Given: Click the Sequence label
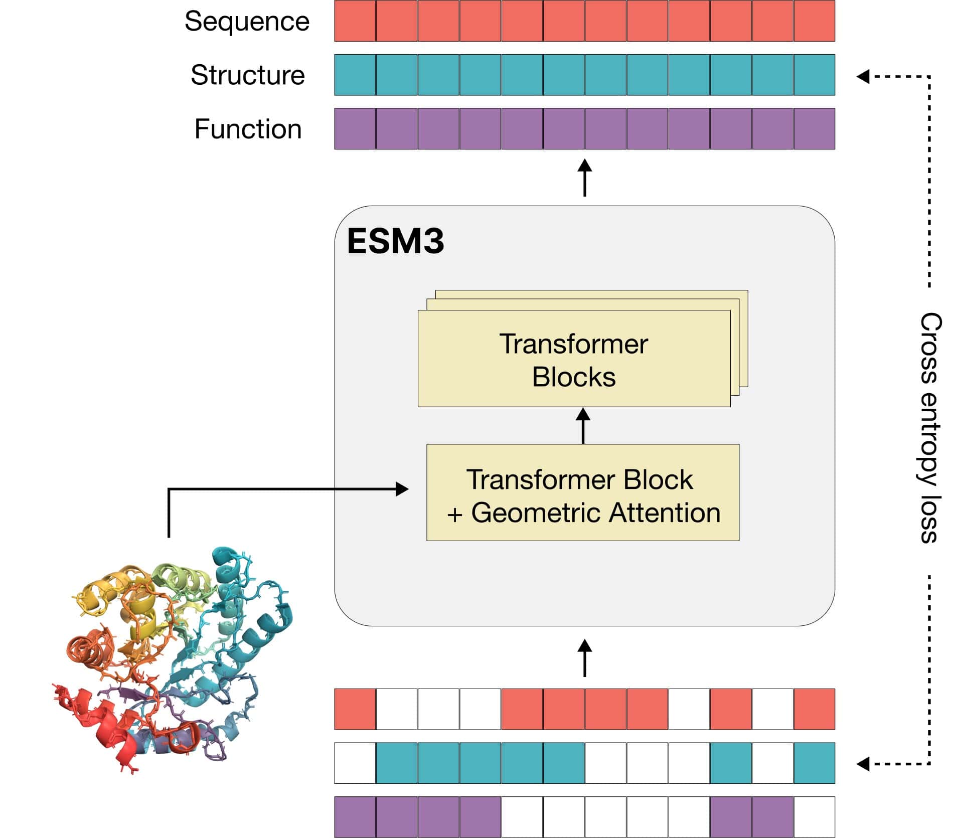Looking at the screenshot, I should click(x=247, y=22).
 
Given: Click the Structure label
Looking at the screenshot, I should click(x=248, y=75).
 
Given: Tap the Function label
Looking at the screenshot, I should click(x=248, y=129).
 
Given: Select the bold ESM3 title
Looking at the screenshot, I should click(x=395, y=241).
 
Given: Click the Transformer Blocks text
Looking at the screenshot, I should click(x=573, y=360).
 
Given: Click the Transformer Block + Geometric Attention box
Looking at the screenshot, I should click(x=582, y=492).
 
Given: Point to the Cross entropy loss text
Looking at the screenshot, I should click(x=930, y=428).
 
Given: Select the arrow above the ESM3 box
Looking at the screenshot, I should click(x=584, y=178).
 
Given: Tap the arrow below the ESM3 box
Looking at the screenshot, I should click(x=584, y=657).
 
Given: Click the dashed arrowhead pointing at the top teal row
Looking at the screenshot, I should click(x=863, y=77).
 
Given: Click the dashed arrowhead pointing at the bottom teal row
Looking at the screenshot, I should click(x=863, y=764).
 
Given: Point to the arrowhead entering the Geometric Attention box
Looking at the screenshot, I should click(x=402, y=489).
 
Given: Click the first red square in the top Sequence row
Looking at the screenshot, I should click(x=355, y=21).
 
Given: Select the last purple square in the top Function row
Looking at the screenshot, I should click(x=814, y=129).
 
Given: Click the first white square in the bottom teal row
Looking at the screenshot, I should click(x=355, y=763).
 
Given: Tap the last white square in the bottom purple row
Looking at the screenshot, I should click(x=814, y=816).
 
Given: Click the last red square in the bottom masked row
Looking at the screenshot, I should click(x=814, y=709).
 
